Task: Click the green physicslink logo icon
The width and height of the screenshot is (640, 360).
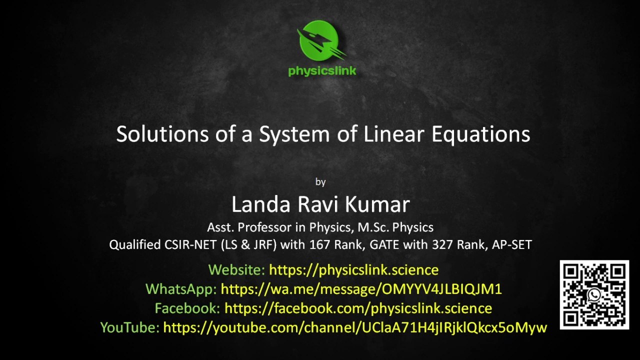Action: (x=320, y=41)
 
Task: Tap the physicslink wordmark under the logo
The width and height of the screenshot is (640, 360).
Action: (x=322, y=70)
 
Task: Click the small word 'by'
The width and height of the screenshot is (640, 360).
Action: (x=320, y=182)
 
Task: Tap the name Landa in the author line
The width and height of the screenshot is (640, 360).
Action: (x=260, y=204)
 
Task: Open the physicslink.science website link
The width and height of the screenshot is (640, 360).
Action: (x=353, y=270)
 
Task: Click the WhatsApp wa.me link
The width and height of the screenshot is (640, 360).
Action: (x=361, y=289)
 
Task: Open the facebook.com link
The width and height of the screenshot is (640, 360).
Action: (x=358, y=308)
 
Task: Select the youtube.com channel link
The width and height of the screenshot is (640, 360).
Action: (x=355, y=327)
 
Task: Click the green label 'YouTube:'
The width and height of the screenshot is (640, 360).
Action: (x=129, y=327)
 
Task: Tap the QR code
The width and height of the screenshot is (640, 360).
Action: (x=594, y=294)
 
